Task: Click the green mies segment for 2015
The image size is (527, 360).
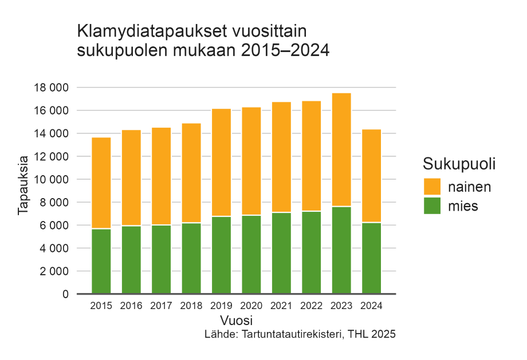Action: pyautogui.click(x=101, y=261)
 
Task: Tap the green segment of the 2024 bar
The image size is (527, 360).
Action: pyautogui.click(x=371, y=258)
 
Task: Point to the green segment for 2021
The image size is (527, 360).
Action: pyautogui.click(x=281, y=253)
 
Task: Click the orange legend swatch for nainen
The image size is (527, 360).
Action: pyautogui.click(x=432, y=187)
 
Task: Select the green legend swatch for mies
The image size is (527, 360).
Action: pyautogui.click(x=432, y=206)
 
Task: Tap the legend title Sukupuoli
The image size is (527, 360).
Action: pyautogui.click(x=459, y=164)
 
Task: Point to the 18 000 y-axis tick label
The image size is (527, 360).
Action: pyautogui.click(x=50, y=88)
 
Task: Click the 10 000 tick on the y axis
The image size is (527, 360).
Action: pyautogui.click(x=50, y=179)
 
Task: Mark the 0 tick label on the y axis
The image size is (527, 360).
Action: pyautogui.click(x=65, y=294)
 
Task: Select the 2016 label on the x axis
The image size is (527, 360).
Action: pyautogui.click(x=131, y=306)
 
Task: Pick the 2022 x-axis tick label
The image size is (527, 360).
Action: pyautogui.click(x=311, y=306)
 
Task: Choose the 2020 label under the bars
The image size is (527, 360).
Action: pyautogui.click(x=251, y=306)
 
